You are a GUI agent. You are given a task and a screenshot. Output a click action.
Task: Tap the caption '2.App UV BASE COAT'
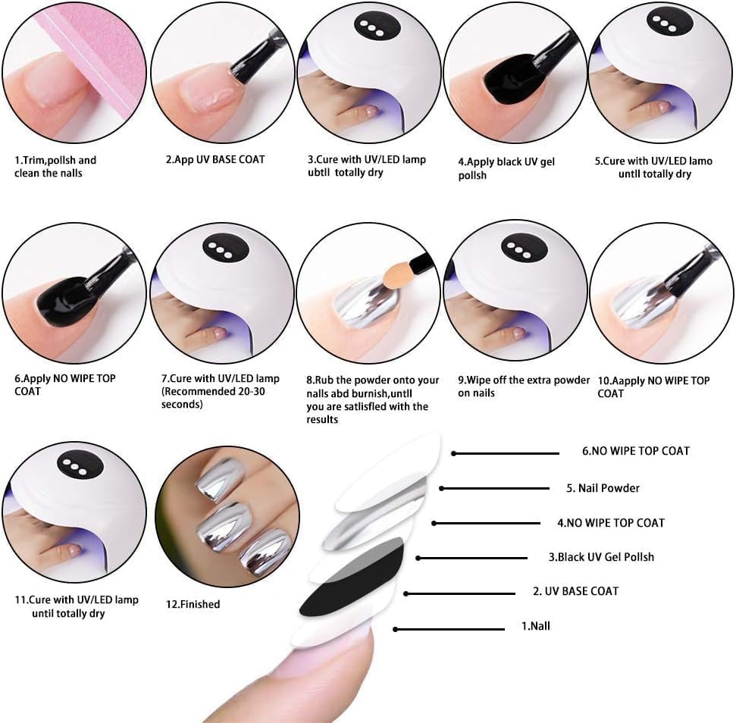pyautogui.click(x=215, y=159)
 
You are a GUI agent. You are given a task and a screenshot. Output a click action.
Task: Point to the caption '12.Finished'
pyautogui.click(x=193, y=604)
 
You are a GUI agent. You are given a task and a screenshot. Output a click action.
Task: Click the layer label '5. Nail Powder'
pyautogui.click(x=603, y=488)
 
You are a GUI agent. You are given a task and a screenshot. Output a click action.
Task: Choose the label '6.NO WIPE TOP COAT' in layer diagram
pyautogui.click(x=635, y=451)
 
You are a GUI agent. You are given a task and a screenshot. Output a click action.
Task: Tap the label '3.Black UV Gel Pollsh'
pyautogui.click(x=601, y=557)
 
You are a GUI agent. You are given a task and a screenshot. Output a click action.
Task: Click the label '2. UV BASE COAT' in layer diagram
pyautogui.click(x=575, y=591)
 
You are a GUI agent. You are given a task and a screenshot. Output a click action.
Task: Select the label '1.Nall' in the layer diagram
pyautogui.click(x=536, y=626)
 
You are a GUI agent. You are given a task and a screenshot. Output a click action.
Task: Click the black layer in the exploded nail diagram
pyautogui.click(x=352, y=578)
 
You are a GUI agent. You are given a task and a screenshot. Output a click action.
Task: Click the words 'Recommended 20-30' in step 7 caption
pyautogui.click(x=214, y=391)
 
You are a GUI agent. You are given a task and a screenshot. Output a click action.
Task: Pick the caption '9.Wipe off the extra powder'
pyautogui.click(x=523, y=380)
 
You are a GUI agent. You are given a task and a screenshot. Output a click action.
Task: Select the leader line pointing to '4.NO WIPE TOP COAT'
pyautogui.click(x=487, y=523)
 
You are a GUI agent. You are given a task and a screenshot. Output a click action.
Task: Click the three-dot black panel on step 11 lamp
pyautogui.click(x=80, y=465)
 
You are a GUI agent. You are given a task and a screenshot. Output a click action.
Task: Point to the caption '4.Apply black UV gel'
pyautogui.click(x=506, y=162)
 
